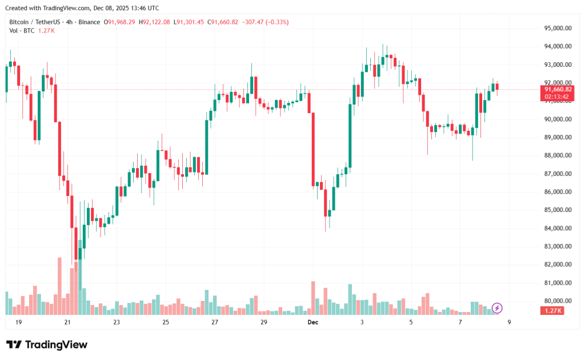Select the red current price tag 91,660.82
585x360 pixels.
coord(558,89)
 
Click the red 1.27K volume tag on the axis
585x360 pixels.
coord(552,310)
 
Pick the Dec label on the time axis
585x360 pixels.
coord(312,322)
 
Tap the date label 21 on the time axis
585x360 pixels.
coord(67,322)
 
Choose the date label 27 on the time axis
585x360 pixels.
coord(215,322)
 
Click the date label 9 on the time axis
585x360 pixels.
coord(508,322)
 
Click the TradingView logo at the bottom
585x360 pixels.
coord(47,345)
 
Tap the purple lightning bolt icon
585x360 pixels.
coord(497,309)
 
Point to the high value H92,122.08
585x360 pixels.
coord(156,22)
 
